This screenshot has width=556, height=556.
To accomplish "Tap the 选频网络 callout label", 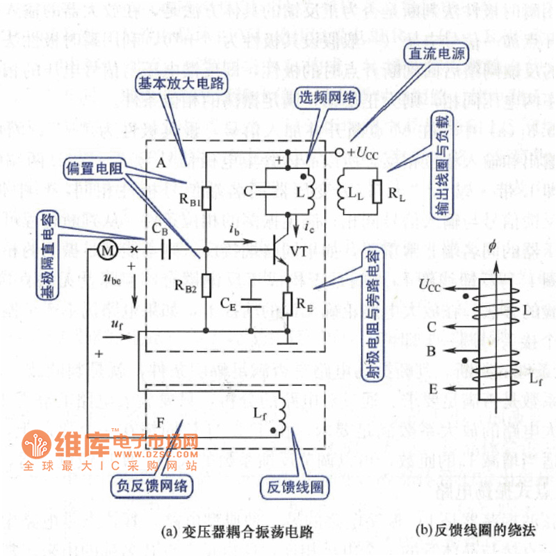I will (x=325, y=97).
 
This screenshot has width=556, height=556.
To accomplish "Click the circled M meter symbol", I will (x=106, y=249).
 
